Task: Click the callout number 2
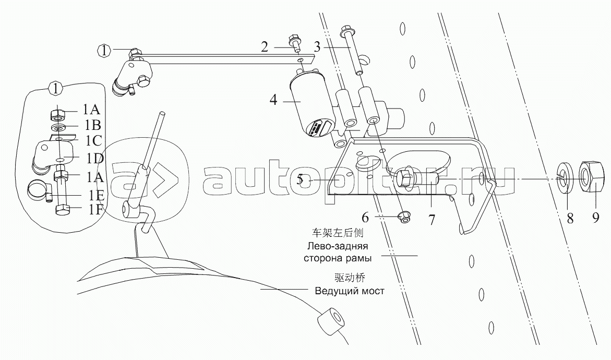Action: tap(265, 47)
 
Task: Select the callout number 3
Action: tap(317, 47)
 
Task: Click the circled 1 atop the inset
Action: tap(56, 88)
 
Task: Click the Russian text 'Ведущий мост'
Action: tap(349, 291)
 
